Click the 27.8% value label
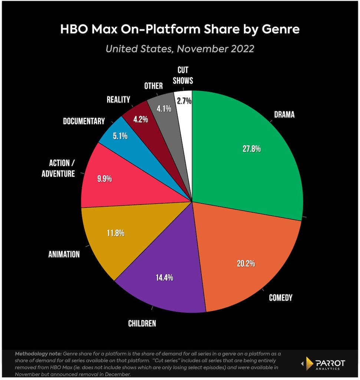click(x=252, y=148)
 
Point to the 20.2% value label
click(x=246, y=263)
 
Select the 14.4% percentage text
click(x=164, y=277)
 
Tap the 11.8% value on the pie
click(x=116, y=233)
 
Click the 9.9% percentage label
click(x=105, y=178)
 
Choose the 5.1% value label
click(x=120, y=136)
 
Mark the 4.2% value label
click(x=141, y=119)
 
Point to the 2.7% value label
click(x=184, y=101)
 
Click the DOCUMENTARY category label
click(x=84, y=121)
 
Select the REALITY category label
click(x=118, y=99)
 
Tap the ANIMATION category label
click(x=64, y=254)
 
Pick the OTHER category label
click(x=153, y=86)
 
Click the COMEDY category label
click(x=281, y=298)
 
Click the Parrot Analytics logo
click(x=323, y=364)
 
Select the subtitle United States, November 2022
click(x=180, y=49)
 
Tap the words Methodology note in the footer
click(x=38, y=354)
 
